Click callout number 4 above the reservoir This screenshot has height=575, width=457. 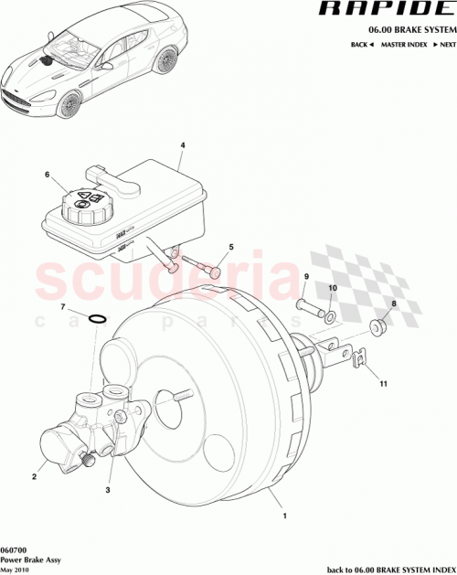click(182, 145)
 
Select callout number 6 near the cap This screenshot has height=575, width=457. click(47, 175)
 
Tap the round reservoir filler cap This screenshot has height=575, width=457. click(86, 206)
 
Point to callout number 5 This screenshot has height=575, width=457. click(231, 247)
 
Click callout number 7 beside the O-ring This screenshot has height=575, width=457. click(62, 307)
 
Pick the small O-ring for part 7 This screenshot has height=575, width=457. click(99, 319)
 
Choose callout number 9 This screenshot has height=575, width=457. click(306, 277)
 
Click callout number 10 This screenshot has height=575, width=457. click(332, 289)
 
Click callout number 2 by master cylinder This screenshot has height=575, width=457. click(34, 476)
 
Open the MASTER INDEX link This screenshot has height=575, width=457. click(406, 44)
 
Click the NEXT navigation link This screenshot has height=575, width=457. click(445, 44)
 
